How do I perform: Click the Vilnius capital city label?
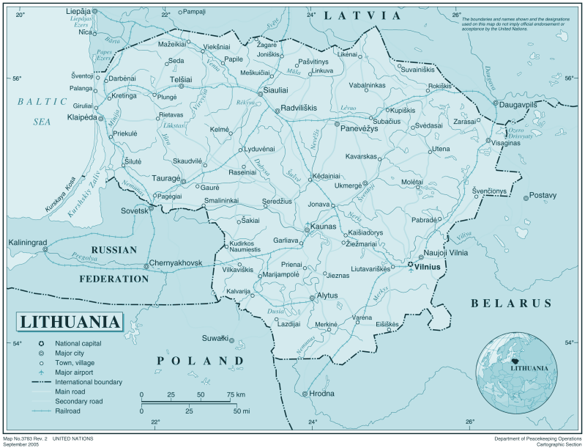[428, 268]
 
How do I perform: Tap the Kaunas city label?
[323, 227]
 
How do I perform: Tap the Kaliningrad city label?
[28, 242]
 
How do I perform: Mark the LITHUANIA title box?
[70, 321]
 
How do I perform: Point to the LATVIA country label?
[364, 15]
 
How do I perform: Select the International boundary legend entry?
[88, 382]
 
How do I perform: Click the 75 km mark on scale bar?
[236, 395]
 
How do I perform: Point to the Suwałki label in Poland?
[215, 338]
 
